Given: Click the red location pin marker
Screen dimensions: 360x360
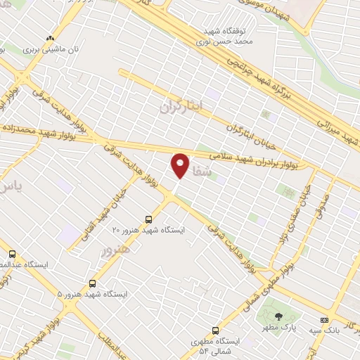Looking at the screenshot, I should pos(181,166).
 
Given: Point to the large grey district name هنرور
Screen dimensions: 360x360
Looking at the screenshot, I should pos(117,249).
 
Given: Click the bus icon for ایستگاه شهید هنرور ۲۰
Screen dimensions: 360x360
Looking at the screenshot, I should pos(148,219).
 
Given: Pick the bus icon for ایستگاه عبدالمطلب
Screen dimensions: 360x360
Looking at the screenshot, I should pos(12,254).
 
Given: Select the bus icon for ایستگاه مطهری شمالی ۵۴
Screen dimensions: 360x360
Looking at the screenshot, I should pos(215,330).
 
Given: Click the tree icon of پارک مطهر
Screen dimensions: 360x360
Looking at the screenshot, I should pos(278,316).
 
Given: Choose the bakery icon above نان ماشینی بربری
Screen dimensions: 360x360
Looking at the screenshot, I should pos(49,39).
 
